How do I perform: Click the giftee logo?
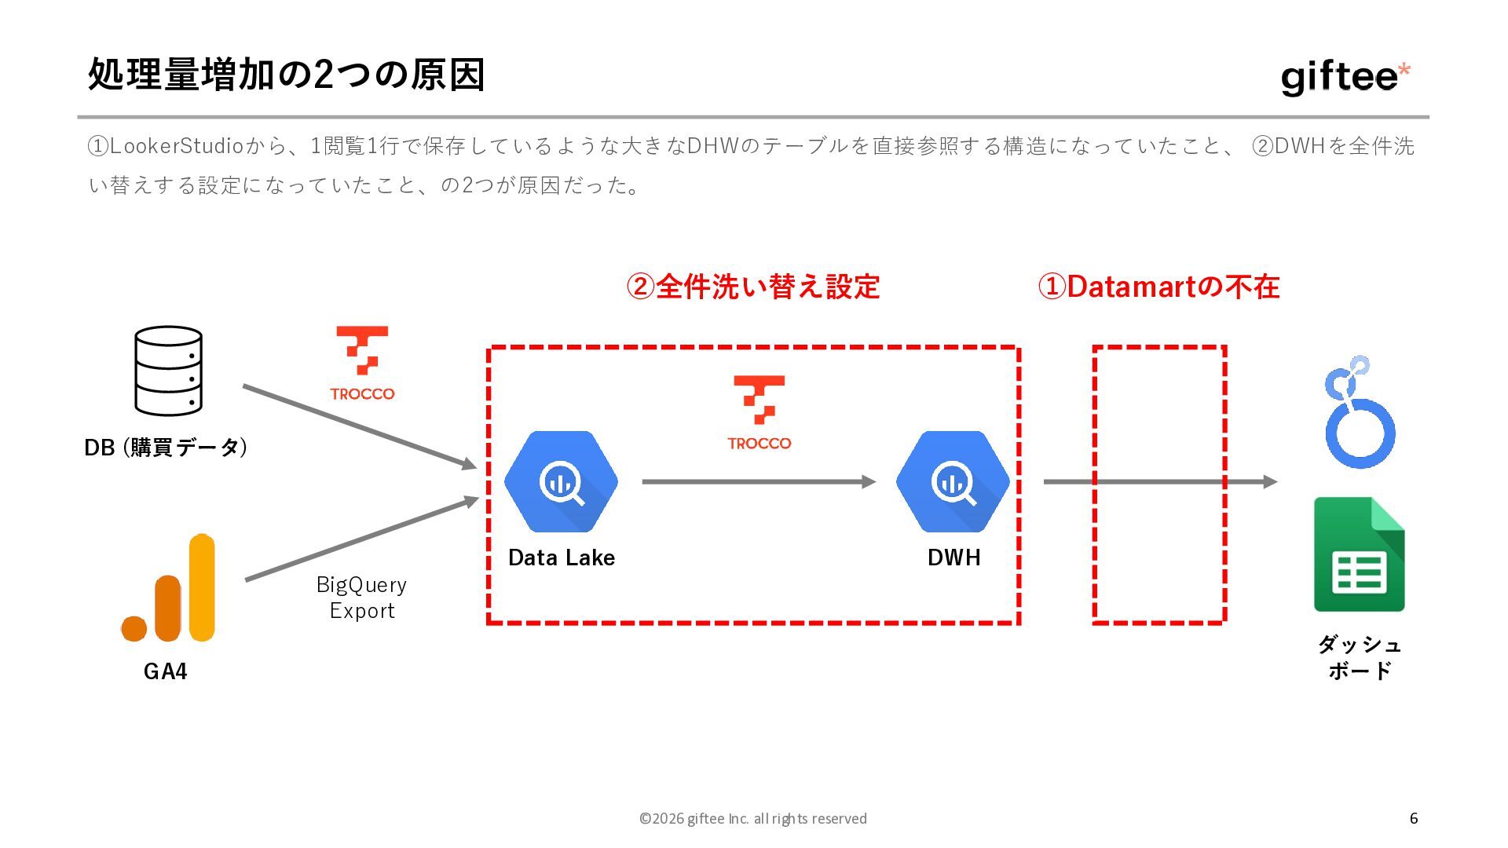coord(1345,78)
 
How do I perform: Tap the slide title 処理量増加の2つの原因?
coord(286,75)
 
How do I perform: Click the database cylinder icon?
coord(168,371)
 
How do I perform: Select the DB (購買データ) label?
coord(166,448)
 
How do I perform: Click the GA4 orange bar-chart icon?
coord(169,588)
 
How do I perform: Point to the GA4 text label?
coord(165,671)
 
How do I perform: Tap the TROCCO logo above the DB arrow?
coord(362,364)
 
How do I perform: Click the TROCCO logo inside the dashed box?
coord(759,413)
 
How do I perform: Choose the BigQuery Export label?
coord(361,598)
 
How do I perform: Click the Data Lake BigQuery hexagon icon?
coord(561,481)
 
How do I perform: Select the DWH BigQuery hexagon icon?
coord(953,481)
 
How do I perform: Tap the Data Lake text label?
coord(561,557)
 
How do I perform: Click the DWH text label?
coord(953,557)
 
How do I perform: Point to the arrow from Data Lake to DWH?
coord(758,481)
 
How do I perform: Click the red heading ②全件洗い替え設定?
coord(752,287)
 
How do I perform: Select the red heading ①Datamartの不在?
coord(1158,287)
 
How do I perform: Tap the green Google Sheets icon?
coord(1359,554)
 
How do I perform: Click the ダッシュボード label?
coord(1359,657)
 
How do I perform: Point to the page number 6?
coord(1414,818)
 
